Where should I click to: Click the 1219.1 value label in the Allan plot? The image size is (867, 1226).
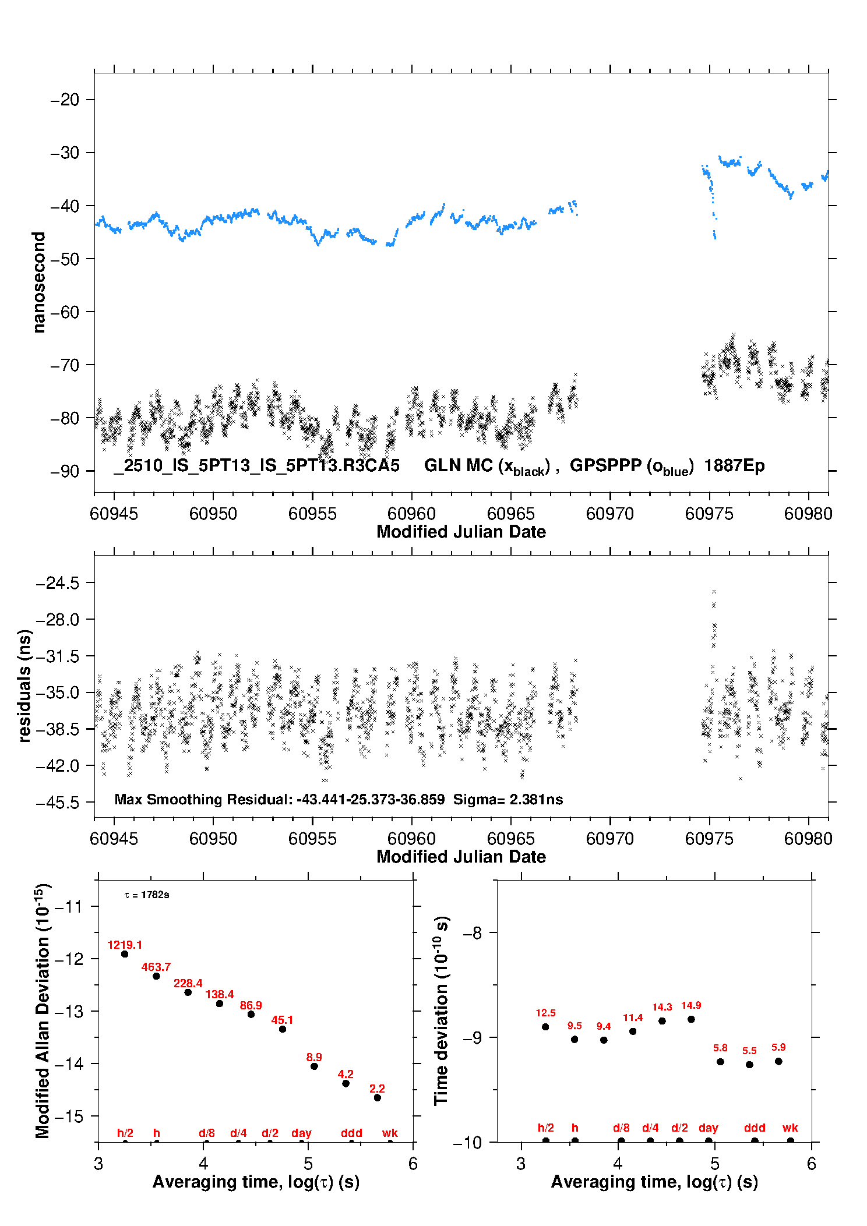[125, 945]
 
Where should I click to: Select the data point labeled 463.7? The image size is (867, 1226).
[156, 976]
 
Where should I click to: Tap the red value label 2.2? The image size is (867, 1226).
[377, 1089]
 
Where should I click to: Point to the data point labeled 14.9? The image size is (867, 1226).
[691, 1019]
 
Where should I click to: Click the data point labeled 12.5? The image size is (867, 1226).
[545, 1027]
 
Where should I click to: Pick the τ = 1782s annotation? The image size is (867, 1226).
[147, 895]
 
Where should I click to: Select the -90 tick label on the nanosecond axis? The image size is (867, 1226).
[65, 471]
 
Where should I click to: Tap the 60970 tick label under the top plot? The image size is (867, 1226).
[610, 514]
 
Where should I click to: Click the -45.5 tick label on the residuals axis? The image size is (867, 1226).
[57, 803]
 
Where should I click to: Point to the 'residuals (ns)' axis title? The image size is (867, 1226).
[24, 686]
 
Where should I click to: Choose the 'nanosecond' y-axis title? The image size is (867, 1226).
[39, 282]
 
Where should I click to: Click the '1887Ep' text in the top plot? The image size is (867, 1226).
[734, 465]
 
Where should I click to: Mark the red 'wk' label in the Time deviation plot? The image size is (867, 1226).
[790, 1128]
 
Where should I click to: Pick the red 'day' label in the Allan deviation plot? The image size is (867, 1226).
[301, 1133]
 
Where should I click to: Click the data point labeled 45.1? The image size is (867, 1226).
[283, 1029]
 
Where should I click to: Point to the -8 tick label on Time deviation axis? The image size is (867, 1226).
[472, 932]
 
